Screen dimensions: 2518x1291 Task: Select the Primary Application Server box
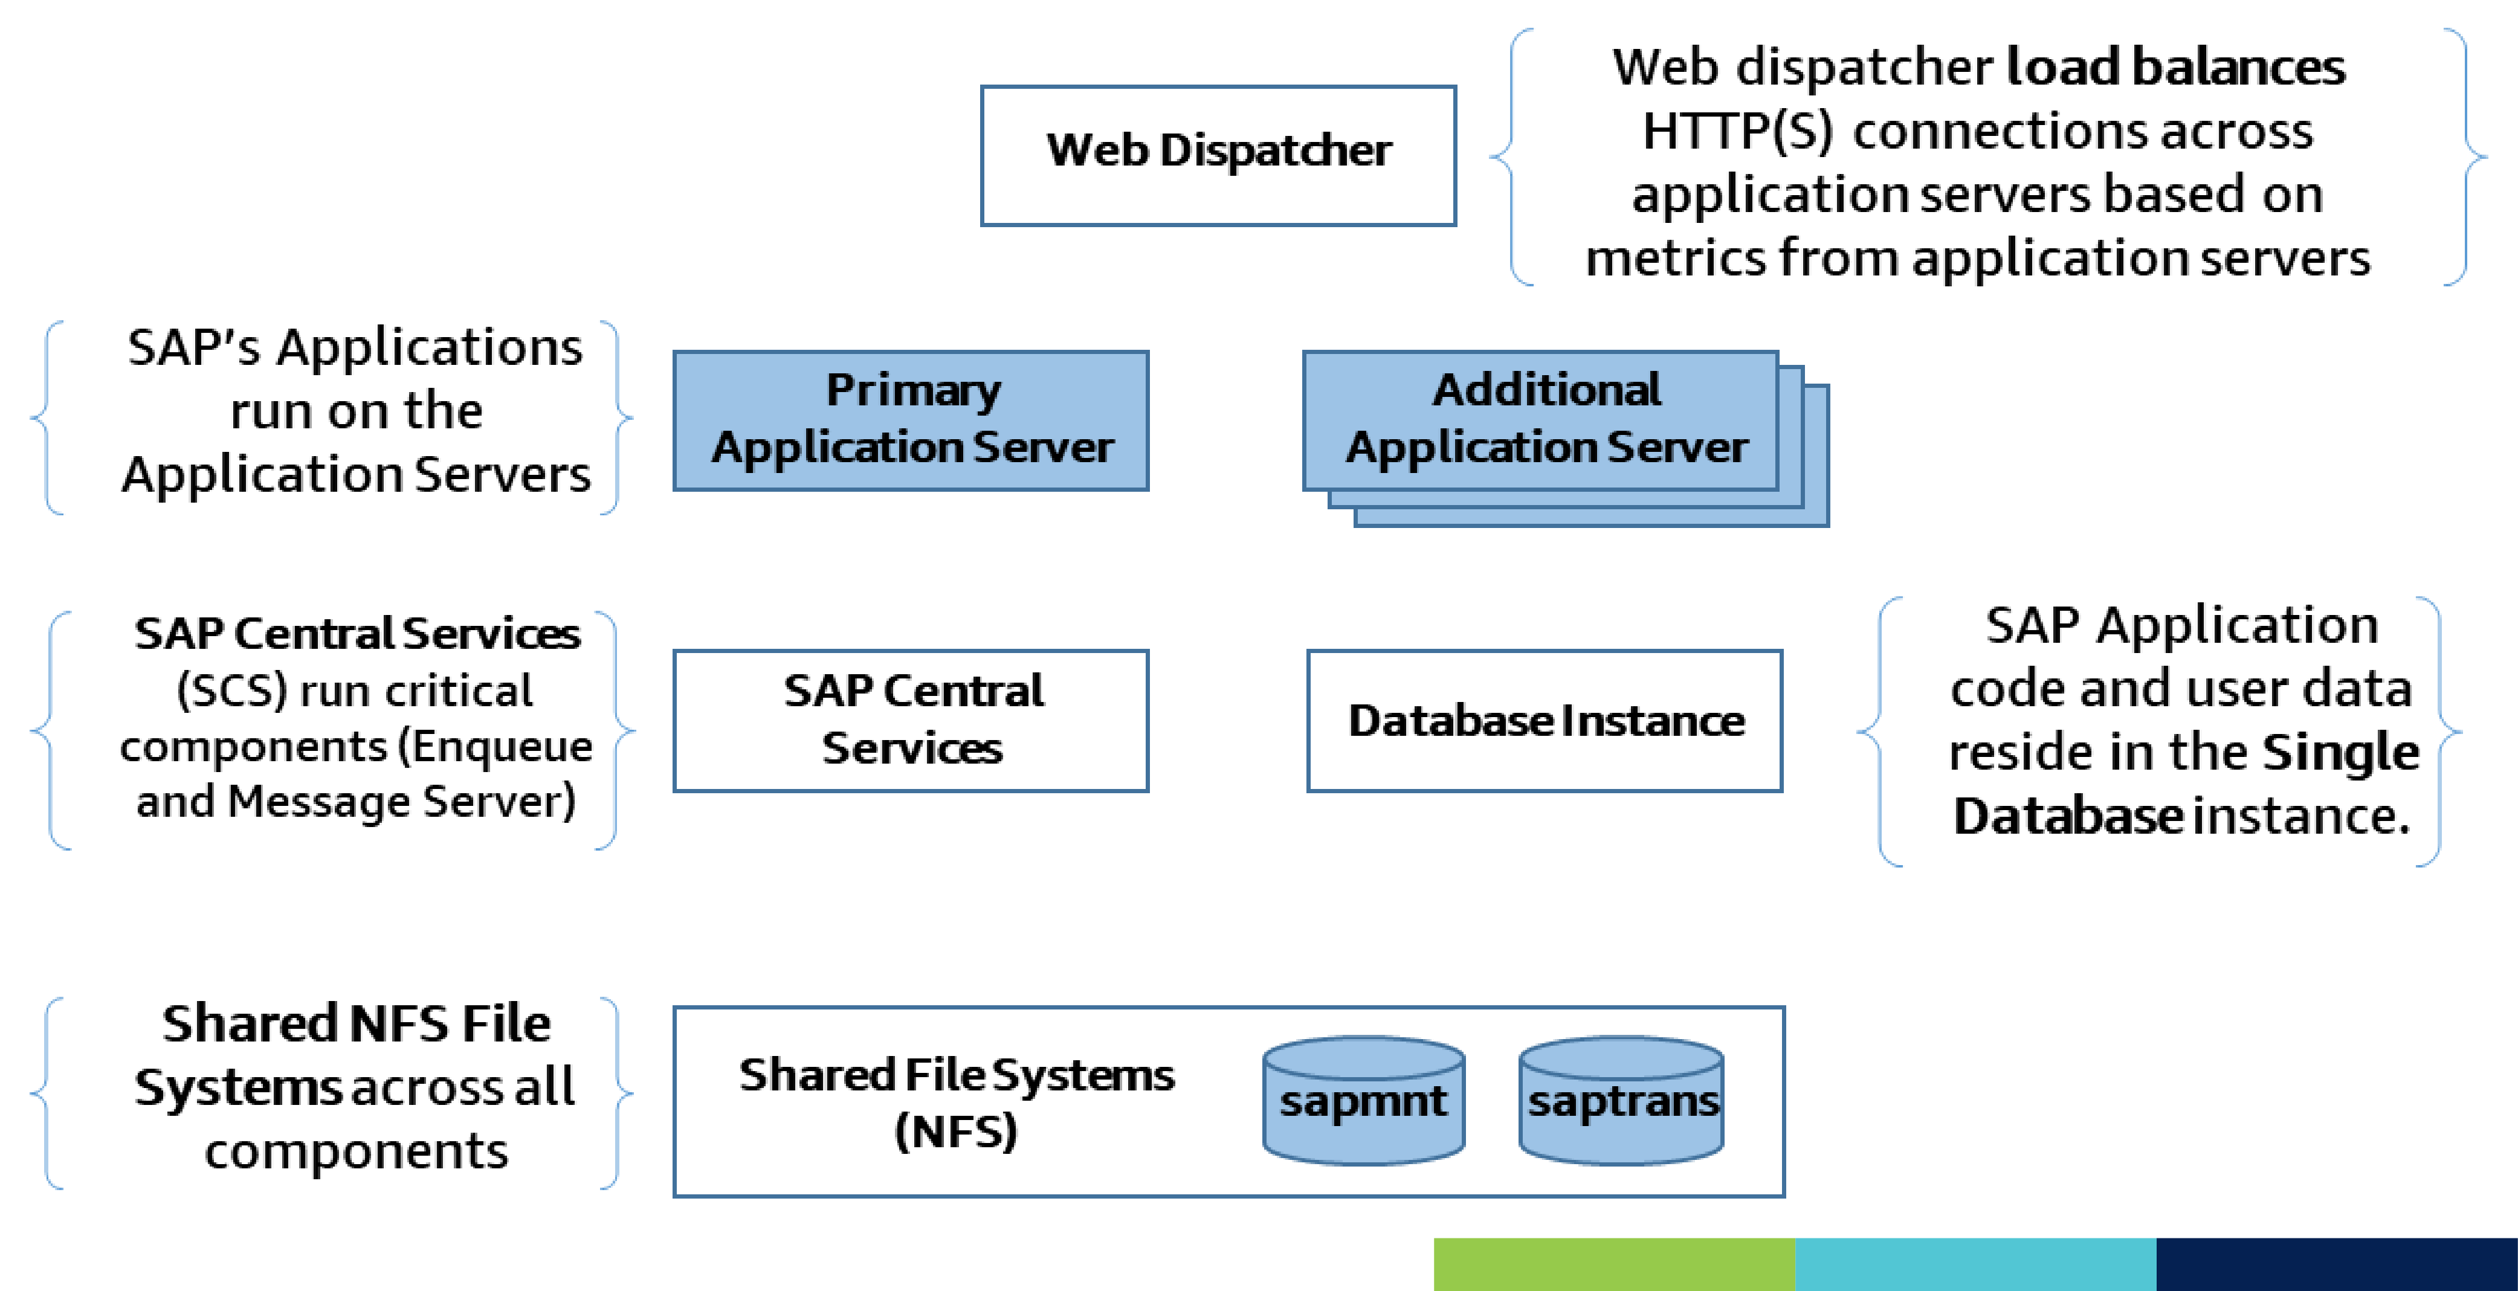(911, 420)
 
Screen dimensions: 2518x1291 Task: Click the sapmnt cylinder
(1364, 1101)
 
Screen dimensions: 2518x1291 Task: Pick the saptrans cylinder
(1622, 1101)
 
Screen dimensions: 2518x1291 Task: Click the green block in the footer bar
(1614, 1264)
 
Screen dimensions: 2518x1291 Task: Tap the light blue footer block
(1975, 1264)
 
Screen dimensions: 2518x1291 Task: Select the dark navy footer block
(2337, 1264)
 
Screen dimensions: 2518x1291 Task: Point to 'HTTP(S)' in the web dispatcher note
(1737, 131)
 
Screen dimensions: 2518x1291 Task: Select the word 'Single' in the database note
(2340, 753)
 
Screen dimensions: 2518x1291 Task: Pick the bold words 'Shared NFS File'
(356, 1024)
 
